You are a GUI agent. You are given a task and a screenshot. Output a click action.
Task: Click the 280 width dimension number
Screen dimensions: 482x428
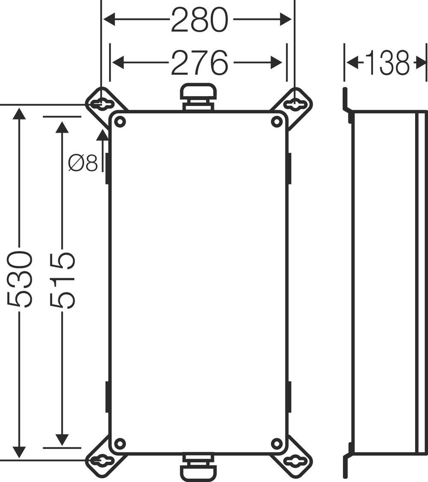click(x=199, y=20)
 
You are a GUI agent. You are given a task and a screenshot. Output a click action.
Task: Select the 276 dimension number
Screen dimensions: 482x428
click(x=199, y=62)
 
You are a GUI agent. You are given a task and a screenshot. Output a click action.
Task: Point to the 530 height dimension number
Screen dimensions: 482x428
click(x=20, y=280)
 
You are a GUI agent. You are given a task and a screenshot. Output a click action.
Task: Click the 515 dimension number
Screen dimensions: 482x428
click(x=62, y=280)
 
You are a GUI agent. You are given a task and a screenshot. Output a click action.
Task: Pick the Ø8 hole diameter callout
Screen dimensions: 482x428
click(x=83, y=163)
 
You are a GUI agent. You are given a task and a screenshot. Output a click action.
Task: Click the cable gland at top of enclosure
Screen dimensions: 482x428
click(x=198, y=96)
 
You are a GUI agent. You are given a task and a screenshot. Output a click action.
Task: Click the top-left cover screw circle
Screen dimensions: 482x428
click(x=120, y=122)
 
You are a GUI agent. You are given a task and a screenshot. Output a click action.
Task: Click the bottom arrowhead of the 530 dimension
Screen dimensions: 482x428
click(x=19, y=452)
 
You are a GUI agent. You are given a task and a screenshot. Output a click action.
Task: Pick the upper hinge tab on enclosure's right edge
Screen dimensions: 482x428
click(x=290, y=168)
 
